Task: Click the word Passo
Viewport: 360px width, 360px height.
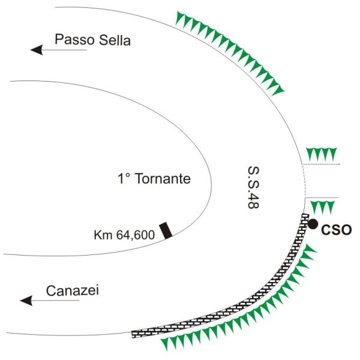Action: coord(74,40)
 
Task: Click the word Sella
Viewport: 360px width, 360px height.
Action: coord(115,40)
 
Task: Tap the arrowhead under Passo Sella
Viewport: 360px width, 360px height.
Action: coord(37,50)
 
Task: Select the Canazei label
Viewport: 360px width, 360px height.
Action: coord(73,290)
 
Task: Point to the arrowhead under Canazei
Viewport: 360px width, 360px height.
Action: coord(26,301)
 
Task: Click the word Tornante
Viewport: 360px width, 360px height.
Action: coord(163,178)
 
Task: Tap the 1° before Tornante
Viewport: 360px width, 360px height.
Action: coord(124,178)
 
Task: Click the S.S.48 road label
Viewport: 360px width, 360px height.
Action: coord(253,187)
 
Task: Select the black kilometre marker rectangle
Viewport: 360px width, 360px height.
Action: coord(166,230)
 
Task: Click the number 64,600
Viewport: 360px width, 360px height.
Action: coord(136,235)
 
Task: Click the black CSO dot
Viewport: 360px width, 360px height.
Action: coord(313,224)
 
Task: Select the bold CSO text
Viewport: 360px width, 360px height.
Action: coord(337,230)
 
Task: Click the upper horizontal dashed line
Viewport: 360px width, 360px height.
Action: coord(321,164)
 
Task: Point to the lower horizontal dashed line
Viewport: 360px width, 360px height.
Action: coord(322,197)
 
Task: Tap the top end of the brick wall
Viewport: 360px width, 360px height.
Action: coord(305,215)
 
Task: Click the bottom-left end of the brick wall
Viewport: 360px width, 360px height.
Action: coord(133,335)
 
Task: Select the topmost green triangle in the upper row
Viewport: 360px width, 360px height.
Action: coord(179,17)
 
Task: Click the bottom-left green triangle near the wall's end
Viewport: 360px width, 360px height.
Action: coord(165,344)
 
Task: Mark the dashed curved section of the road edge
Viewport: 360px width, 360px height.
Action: coord(305,181)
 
